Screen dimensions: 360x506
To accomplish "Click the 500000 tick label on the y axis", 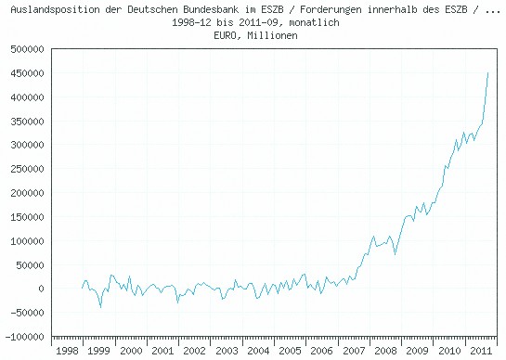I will pos(26,49).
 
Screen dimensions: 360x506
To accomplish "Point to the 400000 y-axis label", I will pos(26,97).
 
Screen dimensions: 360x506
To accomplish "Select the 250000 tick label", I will pos(26,169).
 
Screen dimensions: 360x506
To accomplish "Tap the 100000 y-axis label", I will pos(26,241).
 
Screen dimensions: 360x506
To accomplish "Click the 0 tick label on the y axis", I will pos(41,289).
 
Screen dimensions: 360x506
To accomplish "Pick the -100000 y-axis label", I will pos(23,337).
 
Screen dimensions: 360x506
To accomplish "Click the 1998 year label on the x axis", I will pos(67,352).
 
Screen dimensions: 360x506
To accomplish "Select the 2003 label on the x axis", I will pos(225,352).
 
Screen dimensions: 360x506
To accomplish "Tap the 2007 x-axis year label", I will pos(352,352).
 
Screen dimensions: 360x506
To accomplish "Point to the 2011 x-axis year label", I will pos(478,352).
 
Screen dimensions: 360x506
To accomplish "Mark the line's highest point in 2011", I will pos(488,72).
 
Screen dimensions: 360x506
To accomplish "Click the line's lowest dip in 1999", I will pos(100,307).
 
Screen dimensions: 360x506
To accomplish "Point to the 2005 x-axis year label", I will pos(289,352).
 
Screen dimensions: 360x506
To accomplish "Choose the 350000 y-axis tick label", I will pos(26,122).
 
